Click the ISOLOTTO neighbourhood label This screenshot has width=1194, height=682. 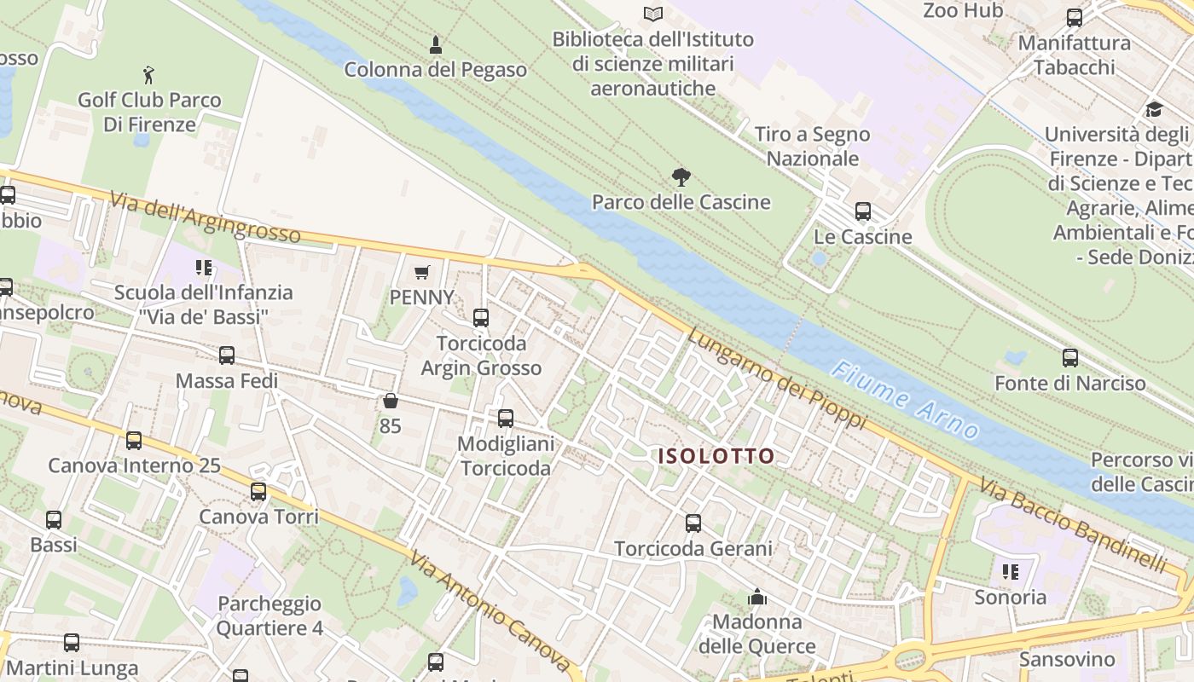pos(716,456)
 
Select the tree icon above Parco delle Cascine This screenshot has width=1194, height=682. pos(681,177)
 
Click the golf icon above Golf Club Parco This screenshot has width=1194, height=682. pos(149,75)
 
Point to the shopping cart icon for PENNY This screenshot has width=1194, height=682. pos(421,273)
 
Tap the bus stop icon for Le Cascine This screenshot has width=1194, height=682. pos(863,211)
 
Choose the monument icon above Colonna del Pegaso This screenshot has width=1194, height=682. pos(436,44)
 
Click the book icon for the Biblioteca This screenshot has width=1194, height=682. pos(653,14)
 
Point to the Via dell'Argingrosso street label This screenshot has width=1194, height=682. pos(205,217)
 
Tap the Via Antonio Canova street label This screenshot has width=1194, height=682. pos(489,611)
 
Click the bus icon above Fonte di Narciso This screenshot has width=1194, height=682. pos(1070,358)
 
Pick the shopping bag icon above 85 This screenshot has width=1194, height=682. pos(391,401)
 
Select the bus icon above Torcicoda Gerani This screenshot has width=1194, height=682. pos(693,523)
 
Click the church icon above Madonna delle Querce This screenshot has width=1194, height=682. pos(756,597)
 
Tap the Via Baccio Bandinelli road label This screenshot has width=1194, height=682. pos(1071,523)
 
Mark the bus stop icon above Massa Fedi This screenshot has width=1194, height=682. pos(227,355)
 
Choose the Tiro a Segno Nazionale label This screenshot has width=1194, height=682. pos(812,146)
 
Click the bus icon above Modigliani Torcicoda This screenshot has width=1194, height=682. pos(506,419)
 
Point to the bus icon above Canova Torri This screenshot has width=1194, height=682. pos(258,492)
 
